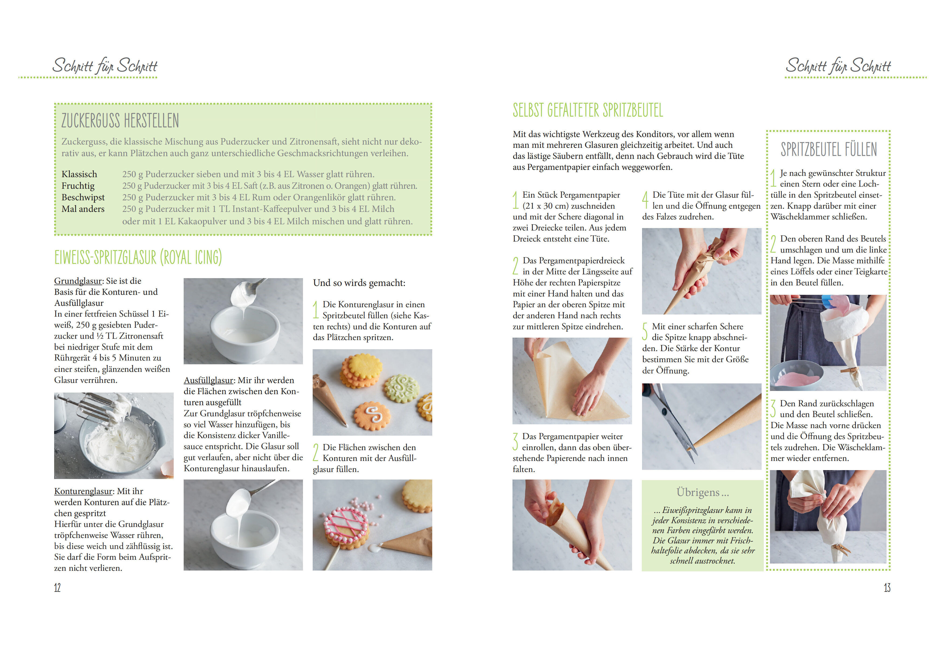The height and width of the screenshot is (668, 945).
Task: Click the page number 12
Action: [x=57, y=588]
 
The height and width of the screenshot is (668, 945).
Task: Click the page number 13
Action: [x=887, y=588]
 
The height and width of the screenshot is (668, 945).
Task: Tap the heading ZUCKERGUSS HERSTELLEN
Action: [x=120, y=121]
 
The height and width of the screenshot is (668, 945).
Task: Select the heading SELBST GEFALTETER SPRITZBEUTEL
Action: [x=588, y=110]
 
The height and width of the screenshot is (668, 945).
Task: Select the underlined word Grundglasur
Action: [x=78, y=281]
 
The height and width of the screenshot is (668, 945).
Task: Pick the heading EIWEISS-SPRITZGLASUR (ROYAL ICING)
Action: [x=138, y=258]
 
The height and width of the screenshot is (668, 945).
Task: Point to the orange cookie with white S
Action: [x=372, y=416]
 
